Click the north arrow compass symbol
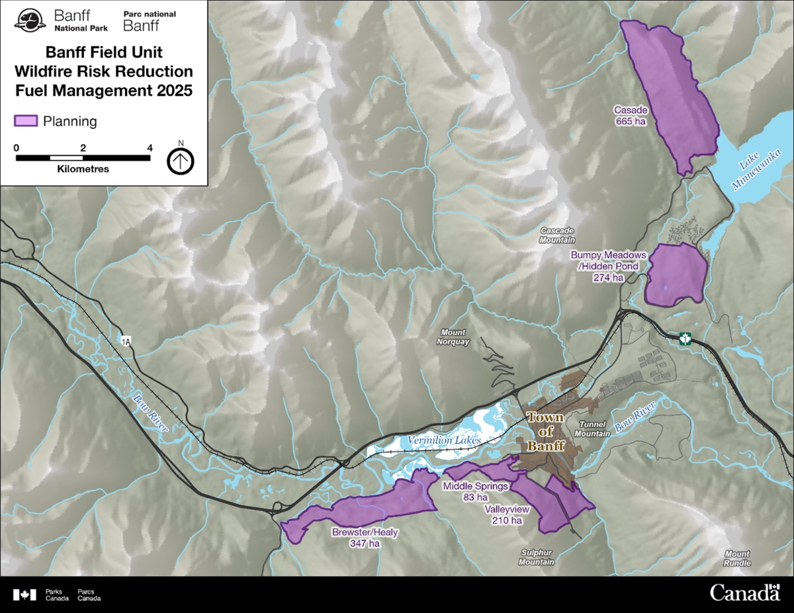click(180, 160)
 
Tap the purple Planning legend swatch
click(26, 121)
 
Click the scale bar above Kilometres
click(83, 158)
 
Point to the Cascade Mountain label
click(557, 235)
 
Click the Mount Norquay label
click(453, 337)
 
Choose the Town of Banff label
click(546, 431)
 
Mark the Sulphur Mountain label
click(536, 557)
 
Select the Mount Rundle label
click(737, 558)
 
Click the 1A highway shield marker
click(126, 341)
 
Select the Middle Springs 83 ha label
click(475, 491)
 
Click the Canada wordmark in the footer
click(744, 593)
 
